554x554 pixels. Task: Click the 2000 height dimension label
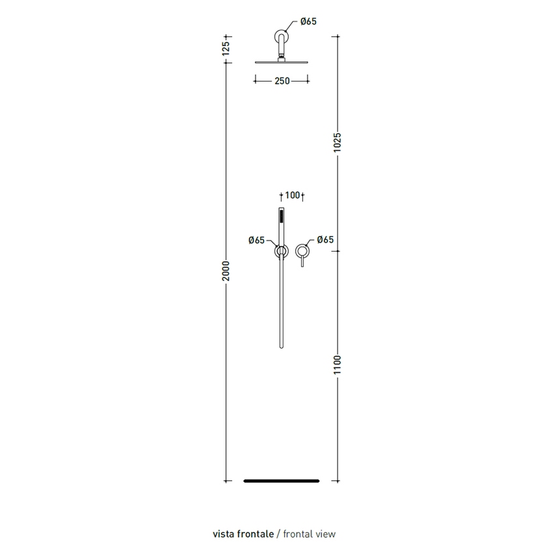point(226,271)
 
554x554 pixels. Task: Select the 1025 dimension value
point(338,143)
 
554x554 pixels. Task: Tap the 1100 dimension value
point(338,365)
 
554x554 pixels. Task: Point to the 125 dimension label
point(226,48)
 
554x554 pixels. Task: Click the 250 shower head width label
point(282,81)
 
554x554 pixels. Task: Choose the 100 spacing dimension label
point(292,195)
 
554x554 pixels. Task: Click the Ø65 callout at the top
point(308,22)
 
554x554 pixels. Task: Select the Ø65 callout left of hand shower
point(257,241)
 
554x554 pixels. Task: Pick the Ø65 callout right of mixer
point(325,240)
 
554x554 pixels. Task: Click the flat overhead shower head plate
point(282,63)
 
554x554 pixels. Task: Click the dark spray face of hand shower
point(282,216)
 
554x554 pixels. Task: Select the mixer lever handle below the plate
point(302,262)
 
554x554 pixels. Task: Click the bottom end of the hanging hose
point(282,348)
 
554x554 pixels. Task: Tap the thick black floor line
point(282,481)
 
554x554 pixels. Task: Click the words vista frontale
point(243,534)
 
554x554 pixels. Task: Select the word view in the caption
point(325,534)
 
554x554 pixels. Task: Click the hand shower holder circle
point(276,251)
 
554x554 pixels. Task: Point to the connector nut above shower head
point(282,59)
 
